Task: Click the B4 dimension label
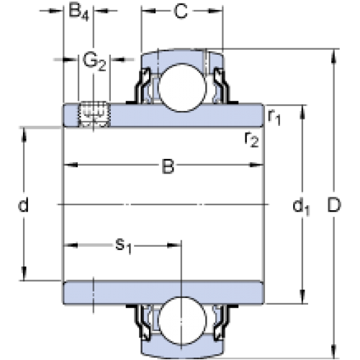pos(78,12)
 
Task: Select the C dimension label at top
pos(181,11)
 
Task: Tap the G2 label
pos(94,62)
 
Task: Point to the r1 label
pos(274,117)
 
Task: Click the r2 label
pos(251,140)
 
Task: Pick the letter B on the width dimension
pos(168,166)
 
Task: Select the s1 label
pos(124,246)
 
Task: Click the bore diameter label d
pos(23,204)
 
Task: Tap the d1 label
pos(301,207)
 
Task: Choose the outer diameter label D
pos(334,205)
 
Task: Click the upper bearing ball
pos(182,87)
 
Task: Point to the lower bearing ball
pos(182,320)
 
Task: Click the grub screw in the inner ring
pos(94,114)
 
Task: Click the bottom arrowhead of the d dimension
pos(24,273)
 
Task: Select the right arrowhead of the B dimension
pos(256,165)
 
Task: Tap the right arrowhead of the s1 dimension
pos(174,246)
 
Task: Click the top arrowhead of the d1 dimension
pos(302,112)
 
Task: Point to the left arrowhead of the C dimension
pos(149,11)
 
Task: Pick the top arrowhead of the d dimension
pos(24,135)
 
